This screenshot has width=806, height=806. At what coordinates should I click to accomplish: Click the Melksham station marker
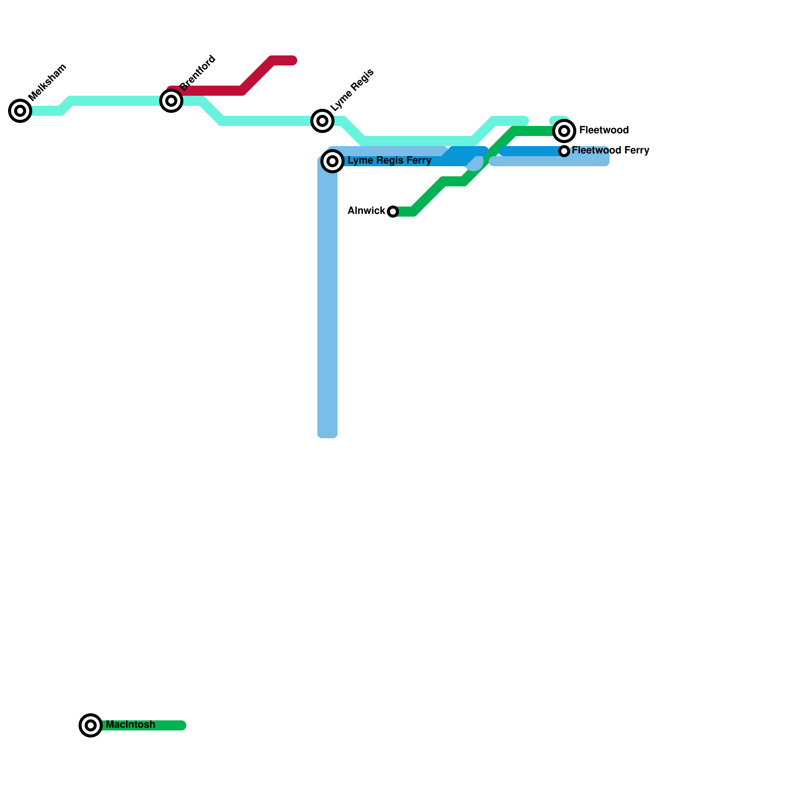pyautogui.click(x=20, y=111)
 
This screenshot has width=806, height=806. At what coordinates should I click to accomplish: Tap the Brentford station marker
pyautogui.click(x=171, y=101)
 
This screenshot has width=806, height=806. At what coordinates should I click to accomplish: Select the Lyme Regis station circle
pyautogui.click(x=322, y=121)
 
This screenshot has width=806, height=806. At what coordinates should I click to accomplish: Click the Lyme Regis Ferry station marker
pyautogui.click(x=332, y=161)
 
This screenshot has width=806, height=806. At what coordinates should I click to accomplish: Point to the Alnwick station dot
pyautogui.click(x=393, y=212)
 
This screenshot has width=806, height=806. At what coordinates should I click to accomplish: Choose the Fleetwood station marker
pyautogui.click(x=564, y=131)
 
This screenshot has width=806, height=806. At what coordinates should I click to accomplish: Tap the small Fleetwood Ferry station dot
pyautogui.click(x=564, y=151)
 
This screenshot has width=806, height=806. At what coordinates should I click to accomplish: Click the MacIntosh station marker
pyautogui.click(x=91, y=725)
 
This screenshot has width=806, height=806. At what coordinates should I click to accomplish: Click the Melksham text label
pyautogui.click(x=47, y=82)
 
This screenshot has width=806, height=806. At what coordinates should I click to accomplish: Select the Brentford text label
pyautogui.click(x=197, y=73)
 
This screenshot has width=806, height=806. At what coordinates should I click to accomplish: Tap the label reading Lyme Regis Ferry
pyautogui.click(x=389, y=161)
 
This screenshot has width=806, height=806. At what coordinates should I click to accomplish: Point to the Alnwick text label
pyautogui.click(x=366, y=211)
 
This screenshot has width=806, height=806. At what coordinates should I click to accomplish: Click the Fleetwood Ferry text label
pyautogui.click(x=611, y=151)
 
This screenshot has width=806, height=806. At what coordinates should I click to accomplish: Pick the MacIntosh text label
pyautogui.click(x=130, y=725)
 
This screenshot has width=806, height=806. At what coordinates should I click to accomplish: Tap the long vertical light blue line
pyautogui.click(x=327, y=302)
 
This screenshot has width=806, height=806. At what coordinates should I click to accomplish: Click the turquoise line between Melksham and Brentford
pyautogui.click(x=116, y=101)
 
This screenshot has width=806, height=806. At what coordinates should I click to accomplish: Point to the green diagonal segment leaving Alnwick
pyautogui.click(x=428, y=196)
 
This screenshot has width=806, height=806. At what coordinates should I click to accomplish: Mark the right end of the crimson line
pyautogui.click(x=293, y=61)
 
